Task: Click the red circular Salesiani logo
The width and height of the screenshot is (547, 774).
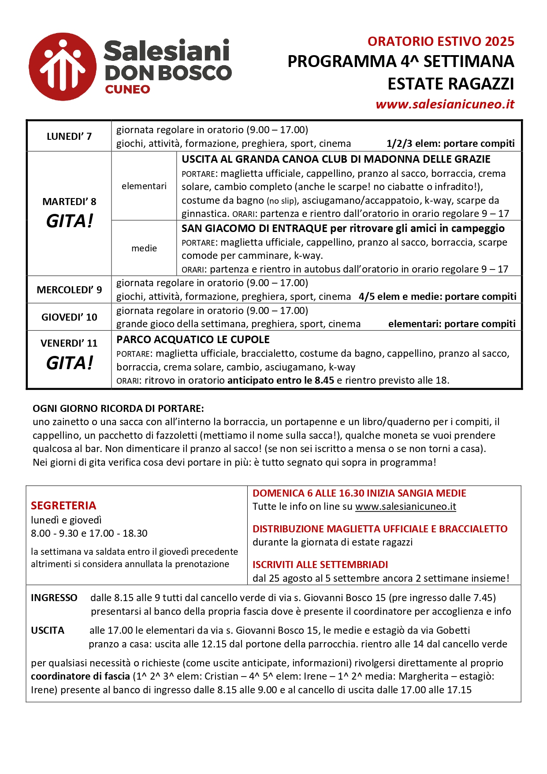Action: [62, 67]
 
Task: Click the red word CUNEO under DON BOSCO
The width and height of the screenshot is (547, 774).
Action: [127, 90]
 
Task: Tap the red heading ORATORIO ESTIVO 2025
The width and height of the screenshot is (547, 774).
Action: [441, 41]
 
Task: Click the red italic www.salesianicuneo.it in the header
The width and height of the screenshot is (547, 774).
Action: [445, 104]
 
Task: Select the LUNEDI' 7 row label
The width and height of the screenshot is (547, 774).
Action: [69, 136]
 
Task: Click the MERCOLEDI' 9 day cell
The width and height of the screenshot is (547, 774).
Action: [69, 290]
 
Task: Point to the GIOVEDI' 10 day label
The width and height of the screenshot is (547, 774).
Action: [69, 317]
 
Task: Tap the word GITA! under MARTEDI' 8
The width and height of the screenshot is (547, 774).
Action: [70, 221]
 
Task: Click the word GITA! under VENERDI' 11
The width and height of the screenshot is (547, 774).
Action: [70, 363]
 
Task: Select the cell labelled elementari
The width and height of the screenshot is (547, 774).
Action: [144, 186]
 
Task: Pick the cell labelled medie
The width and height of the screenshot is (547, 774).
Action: [144, 248]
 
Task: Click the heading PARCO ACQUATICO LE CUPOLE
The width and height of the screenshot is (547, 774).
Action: [193, 340]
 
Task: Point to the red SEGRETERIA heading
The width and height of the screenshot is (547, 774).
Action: [63, 505]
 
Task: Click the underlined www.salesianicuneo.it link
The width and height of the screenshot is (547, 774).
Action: [406, 506]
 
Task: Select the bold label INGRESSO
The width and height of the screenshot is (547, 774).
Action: [54, 598]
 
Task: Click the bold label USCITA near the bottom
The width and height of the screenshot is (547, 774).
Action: [48, 630]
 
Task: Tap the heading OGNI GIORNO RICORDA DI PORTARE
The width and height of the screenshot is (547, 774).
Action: [118, 408]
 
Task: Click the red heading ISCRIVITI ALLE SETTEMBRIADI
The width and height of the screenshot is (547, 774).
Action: [320, 565]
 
